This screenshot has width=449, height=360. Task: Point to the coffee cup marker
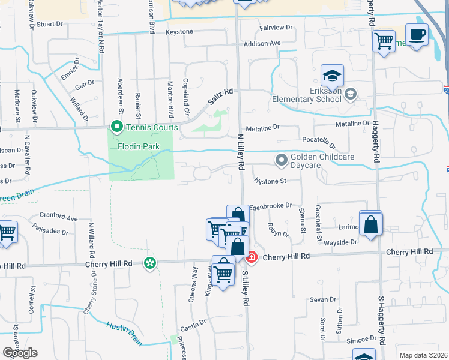coord(417,34)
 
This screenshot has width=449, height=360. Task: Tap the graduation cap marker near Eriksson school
coord(332,76)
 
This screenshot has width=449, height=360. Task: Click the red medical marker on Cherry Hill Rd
coord(252,257)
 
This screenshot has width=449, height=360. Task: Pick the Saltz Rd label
coord(220,96)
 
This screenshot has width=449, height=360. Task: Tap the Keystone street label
coord(179,31)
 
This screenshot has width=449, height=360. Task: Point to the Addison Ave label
coord(262,43)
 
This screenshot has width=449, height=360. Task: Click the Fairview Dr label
coord(276,28)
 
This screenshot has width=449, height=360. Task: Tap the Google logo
coord(20,353)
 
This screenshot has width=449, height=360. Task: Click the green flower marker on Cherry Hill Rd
coord(149,262)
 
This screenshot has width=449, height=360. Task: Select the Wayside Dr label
coord(341,242)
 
